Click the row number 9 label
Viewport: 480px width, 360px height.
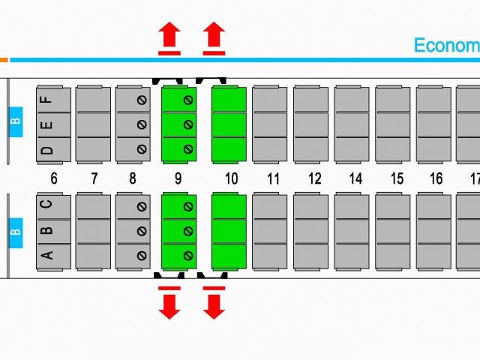pos(178,178)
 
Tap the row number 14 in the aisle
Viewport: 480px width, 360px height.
pos(355,178)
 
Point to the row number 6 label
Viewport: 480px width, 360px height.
pos(54,178)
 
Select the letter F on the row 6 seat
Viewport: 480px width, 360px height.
pos(46,100)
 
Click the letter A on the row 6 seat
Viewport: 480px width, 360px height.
pos(46,255)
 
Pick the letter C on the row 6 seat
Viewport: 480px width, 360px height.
pos(46,204)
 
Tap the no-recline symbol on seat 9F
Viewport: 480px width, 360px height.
pos(188,100)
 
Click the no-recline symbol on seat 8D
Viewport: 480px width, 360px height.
pos(142,149)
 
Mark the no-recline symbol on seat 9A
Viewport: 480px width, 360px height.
pos(188,256)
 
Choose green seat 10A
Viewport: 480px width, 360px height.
pos(229,256)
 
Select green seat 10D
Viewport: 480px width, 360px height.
pos(229,149)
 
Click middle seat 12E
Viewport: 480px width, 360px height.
pos(310,124)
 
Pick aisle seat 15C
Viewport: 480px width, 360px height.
pos(393,207)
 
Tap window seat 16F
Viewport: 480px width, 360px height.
pos(433,100)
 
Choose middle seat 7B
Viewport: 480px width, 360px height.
pos(93,232)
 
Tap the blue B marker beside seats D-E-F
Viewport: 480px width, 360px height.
pos(16,121)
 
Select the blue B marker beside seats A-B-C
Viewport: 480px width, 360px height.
pos(16,232)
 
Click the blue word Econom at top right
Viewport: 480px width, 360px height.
pos(447,45)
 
